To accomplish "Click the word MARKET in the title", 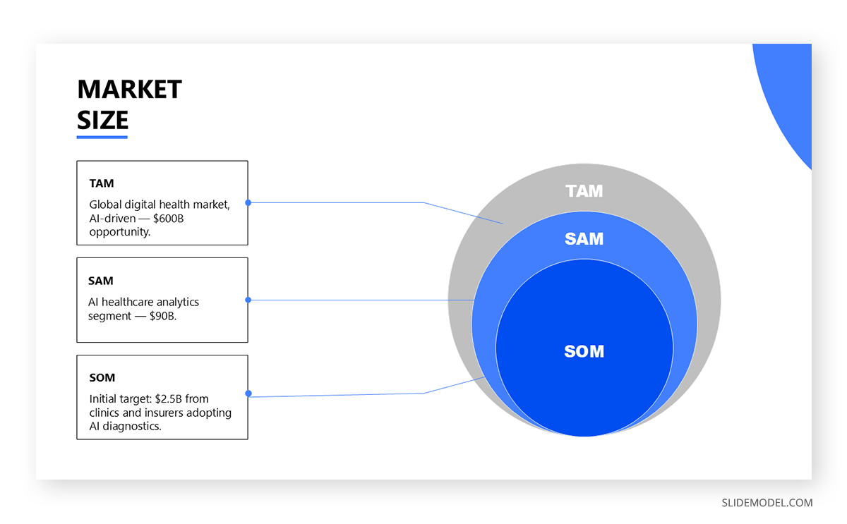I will point(129,90).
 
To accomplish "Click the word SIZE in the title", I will point(102,120).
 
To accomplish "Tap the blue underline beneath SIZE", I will point(102,137).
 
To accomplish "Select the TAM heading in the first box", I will point(101,183).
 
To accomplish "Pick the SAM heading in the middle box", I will point(100,281).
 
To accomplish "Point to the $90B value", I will point(163,315).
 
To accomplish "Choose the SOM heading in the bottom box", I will point(102,378).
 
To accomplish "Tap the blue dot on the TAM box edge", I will point(248,202).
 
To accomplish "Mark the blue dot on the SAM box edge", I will point(248,300).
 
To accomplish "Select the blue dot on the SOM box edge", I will point(248,394).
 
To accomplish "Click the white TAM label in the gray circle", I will point(584,191).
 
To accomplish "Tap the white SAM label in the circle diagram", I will point(584,239).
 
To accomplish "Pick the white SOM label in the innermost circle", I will point(584,351).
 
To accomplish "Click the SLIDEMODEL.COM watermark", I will point(767,503).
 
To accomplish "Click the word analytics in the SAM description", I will point(174,302).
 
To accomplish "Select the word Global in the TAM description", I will point(105,205).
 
